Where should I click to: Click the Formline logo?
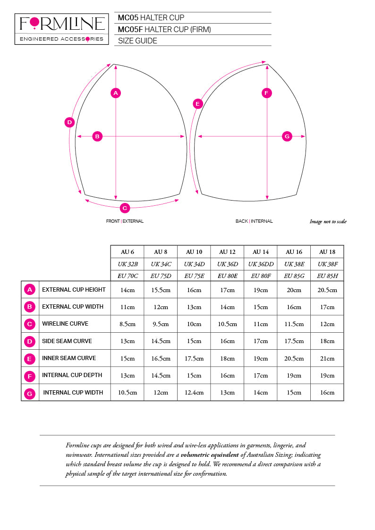coord(62,29)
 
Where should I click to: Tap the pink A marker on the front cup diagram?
coord(116,93)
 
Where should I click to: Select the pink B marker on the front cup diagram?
coord(97,136)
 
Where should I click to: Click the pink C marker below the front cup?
coord(125,208)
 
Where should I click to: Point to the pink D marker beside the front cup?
coord(69,122)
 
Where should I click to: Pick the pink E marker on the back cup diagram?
coord(198,104)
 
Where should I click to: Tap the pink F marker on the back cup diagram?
coord(267,93)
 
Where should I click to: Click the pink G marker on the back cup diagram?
coord(287,136)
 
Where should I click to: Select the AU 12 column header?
coord(227,252)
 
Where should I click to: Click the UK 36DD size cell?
coord(260,264)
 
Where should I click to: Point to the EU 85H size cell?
coord(327,276)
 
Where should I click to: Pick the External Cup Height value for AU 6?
coord(127,290)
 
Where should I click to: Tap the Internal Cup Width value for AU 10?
coord(194,393)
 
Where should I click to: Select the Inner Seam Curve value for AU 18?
coord(327,358)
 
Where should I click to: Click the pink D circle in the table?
coord(30,341)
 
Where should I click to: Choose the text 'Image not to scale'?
coord(328,222)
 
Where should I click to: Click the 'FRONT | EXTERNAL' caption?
coord(125,221)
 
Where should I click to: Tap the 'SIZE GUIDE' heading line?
coord(137,41)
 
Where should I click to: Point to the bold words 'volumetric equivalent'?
coord(210,455)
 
